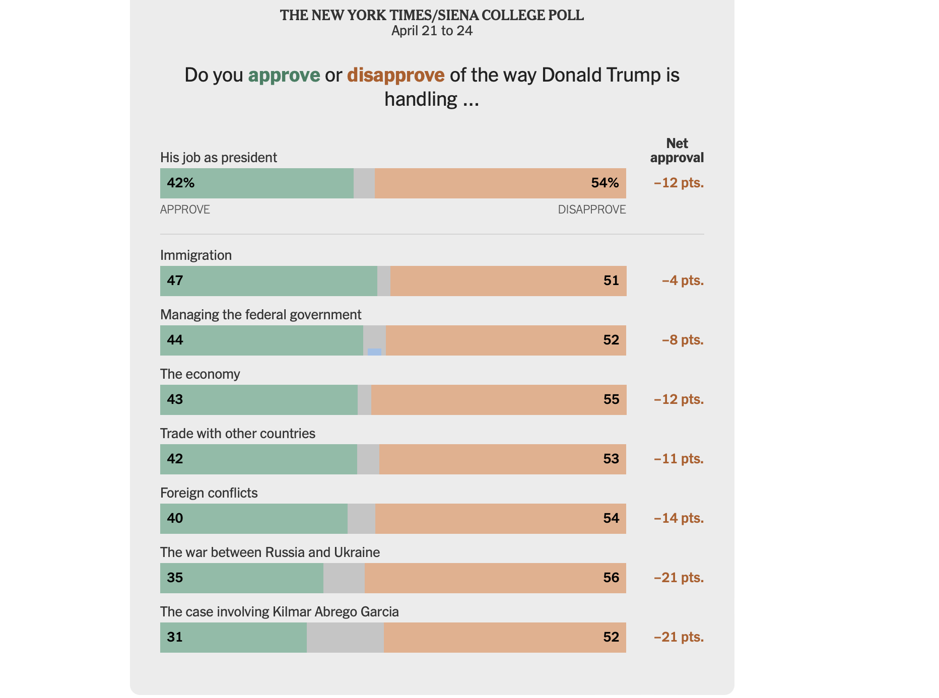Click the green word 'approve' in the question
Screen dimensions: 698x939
click(x=284, y=75)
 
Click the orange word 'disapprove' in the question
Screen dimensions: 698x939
click(x=395, y=75)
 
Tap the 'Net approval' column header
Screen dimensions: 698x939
click(x=677, y=151)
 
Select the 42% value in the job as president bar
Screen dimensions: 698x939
click(x=181, y=183)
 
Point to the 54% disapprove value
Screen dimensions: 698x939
click(x=605, y=183)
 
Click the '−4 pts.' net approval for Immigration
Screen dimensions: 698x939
click(x=683, y=281)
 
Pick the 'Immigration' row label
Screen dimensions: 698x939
click(x=196, y=255)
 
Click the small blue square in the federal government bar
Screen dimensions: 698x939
click(x=374, y=352)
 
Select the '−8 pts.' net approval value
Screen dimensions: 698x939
click(x=683, y=340)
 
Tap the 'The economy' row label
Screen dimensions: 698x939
click(x=200, y=374)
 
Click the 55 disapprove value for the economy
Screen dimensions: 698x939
click(x=611, y=399)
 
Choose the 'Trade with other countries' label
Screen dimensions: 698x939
click(x=238, y=434)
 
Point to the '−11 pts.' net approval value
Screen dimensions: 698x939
click(x=679, y=459)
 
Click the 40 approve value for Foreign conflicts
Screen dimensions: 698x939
click(x=175, y=518)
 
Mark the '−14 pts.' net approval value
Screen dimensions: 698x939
click(x=679, y=518)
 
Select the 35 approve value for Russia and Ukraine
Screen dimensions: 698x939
click(x=175, y=578)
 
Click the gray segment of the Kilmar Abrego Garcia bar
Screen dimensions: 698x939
click(x=345, y=637)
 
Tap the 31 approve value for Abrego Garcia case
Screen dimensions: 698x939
click(x=175, y=637)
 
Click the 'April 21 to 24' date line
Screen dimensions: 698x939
click(x=432, y=31)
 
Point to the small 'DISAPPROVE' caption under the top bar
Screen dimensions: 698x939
click(x=591, y=210)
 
